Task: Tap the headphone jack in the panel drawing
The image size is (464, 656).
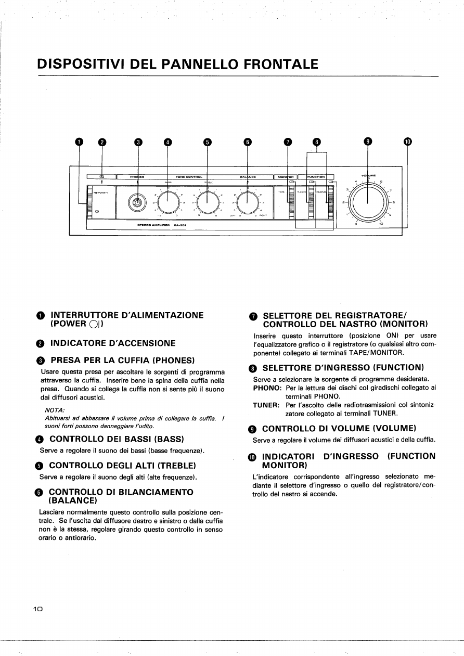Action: point(137,202)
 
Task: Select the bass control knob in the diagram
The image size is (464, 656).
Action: point(167,200)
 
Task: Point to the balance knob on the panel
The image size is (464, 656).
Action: point(247,200)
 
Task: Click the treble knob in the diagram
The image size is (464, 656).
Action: point(207,200)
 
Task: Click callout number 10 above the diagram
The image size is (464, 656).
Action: point(407,142)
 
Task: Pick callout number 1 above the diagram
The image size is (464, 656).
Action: point(79,142)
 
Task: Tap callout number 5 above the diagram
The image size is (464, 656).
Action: point(207,142)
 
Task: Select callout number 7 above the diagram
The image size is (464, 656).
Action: point(288,142)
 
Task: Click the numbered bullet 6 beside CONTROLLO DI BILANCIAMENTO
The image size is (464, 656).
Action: point(43,492)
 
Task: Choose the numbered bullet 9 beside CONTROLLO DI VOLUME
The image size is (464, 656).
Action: point(253,429)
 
